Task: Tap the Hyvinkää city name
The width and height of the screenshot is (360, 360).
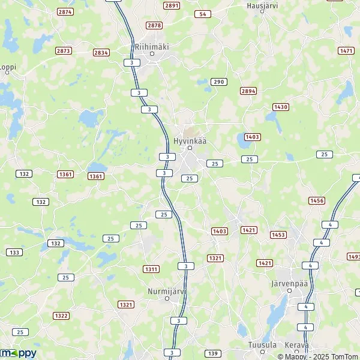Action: [189, 140]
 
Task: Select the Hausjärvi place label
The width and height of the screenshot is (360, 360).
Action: [262, 5]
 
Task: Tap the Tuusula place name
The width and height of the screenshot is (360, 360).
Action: [262, 345]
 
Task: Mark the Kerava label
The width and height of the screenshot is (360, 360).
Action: [296, 345]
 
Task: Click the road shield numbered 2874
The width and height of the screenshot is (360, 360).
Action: [65, 11]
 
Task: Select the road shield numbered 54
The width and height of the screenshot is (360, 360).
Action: [203, 14]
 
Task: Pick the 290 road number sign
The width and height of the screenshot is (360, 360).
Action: [218, 82]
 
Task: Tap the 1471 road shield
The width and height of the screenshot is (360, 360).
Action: [346, 51]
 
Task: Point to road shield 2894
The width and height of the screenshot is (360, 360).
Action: [248, 91]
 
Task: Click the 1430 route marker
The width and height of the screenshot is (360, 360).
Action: [281, 107]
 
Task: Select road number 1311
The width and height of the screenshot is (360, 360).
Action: [151, 269]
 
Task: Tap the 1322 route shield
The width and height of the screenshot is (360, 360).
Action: [61, 316]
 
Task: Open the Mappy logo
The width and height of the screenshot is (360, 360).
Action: [18, 353]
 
